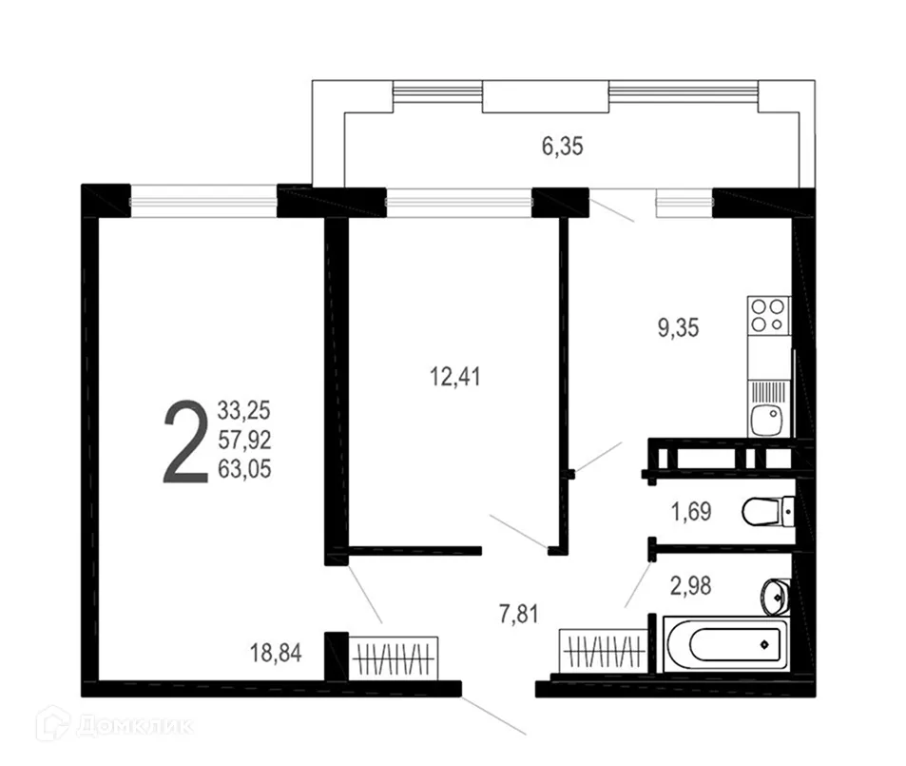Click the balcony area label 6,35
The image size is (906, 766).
pos(561,147)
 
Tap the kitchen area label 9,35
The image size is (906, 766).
pos(678,329)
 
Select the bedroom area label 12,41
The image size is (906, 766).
pos(454,377)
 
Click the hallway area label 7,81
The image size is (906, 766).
pos(517,614)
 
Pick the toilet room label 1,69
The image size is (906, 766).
pos(691,514)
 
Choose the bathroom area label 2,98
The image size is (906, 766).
pos(691,585)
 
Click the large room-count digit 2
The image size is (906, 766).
pos(185,442)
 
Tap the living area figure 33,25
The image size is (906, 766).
pos(244,412)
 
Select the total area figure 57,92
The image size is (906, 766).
pos(244,441)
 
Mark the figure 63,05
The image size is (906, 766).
pos(244,468)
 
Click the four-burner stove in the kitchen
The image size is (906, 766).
pos(768,315)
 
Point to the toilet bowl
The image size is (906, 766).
pos(765,513)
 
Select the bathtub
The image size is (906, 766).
pos(725,643)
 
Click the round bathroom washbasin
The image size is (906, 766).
pos(775,596)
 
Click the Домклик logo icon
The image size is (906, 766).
pos(52,724)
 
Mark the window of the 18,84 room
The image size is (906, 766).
pos(203,201)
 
